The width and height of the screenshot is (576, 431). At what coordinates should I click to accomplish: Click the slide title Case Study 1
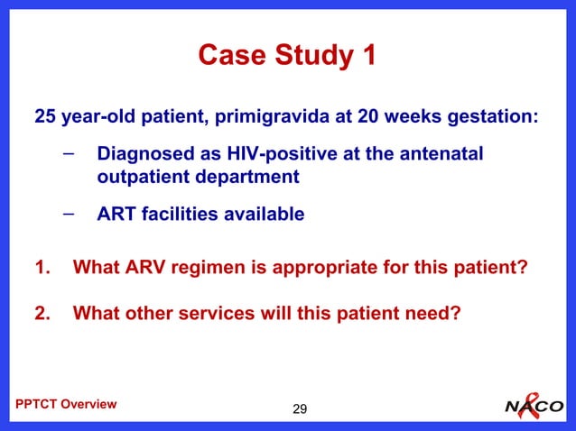pyautogui.click(x=287, y=56)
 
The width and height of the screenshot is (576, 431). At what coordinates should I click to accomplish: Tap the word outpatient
pyautogui.click(x=140, y=177)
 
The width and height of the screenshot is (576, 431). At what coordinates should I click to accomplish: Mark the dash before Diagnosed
pyautogui.click(x=70, y=154)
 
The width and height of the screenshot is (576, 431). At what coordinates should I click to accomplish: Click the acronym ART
pyautogui.click(x=116, y=215)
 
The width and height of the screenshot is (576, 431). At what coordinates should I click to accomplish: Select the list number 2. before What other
pyautogui.click(x=42, y=314)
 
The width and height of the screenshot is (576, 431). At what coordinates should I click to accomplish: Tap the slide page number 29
pyautogui.click(x=300, y=411)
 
